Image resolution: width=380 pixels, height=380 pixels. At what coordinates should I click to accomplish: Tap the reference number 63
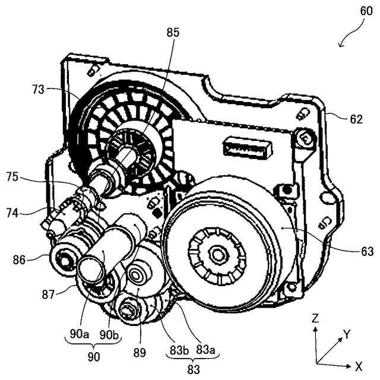366,252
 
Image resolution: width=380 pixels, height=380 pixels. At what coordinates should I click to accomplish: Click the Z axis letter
315,318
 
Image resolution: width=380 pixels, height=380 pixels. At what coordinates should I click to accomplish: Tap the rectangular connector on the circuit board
246,145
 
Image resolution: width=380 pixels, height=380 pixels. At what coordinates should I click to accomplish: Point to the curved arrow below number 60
347,40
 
